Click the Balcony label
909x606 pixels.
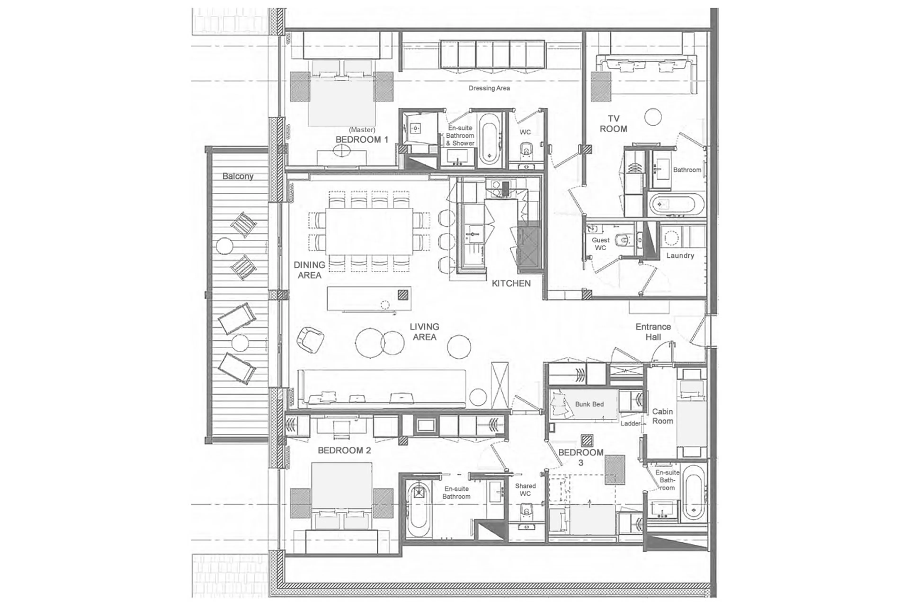[x=238, y=176]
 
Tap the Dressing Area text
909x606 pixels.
[x=489, y=88]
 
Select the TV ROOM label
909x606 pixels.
[x=613, y=124]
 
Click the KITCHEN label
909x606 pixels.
[x=511, y=283]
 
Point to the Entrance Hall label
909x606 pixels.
[x=653, y=332]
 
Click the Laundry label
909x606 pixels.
[x=680, y=256]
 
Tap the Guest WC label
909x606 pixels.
[x=600, y=244]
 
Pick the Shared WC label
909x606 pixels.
[x=525, y=490]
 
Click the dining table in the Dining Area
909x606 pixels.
[x=369, y=231]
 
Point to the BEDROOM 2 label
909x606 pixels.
[x=344, y=450]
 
